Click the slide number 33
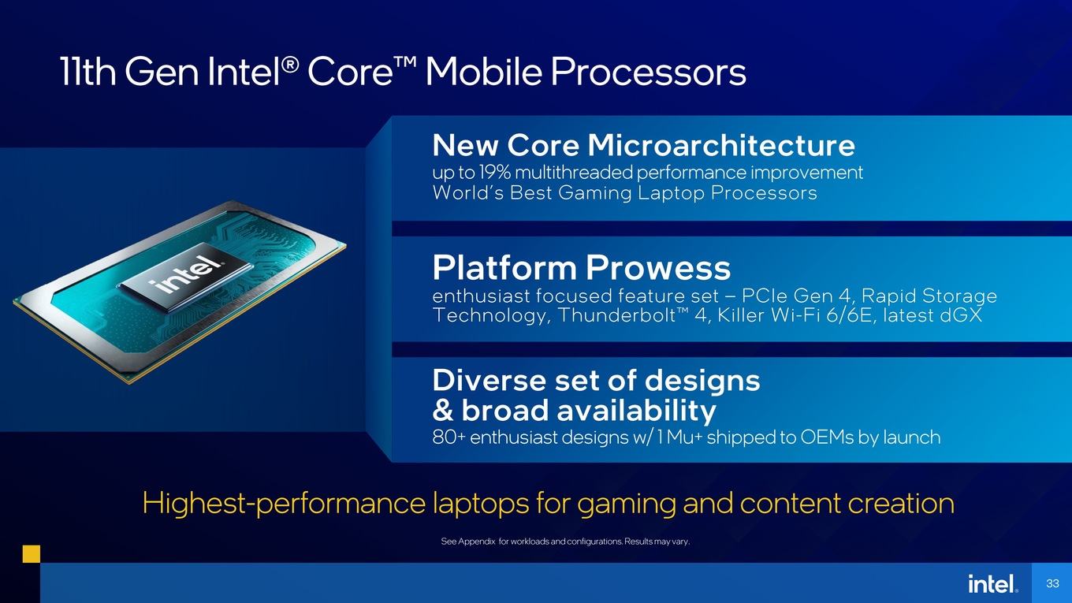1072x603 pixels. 1052,584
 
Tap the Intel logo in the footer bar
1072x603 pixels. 993,584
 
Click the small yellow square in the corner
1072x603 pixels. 31,553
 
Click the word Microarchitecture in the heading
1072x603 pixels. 721,145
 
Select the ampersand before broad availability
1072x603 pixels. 443,411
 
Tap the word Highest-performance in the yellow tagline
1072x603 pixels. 284,504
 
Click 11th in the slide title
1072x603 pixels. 88,72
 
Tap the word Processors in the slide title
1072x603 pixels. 648,72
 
